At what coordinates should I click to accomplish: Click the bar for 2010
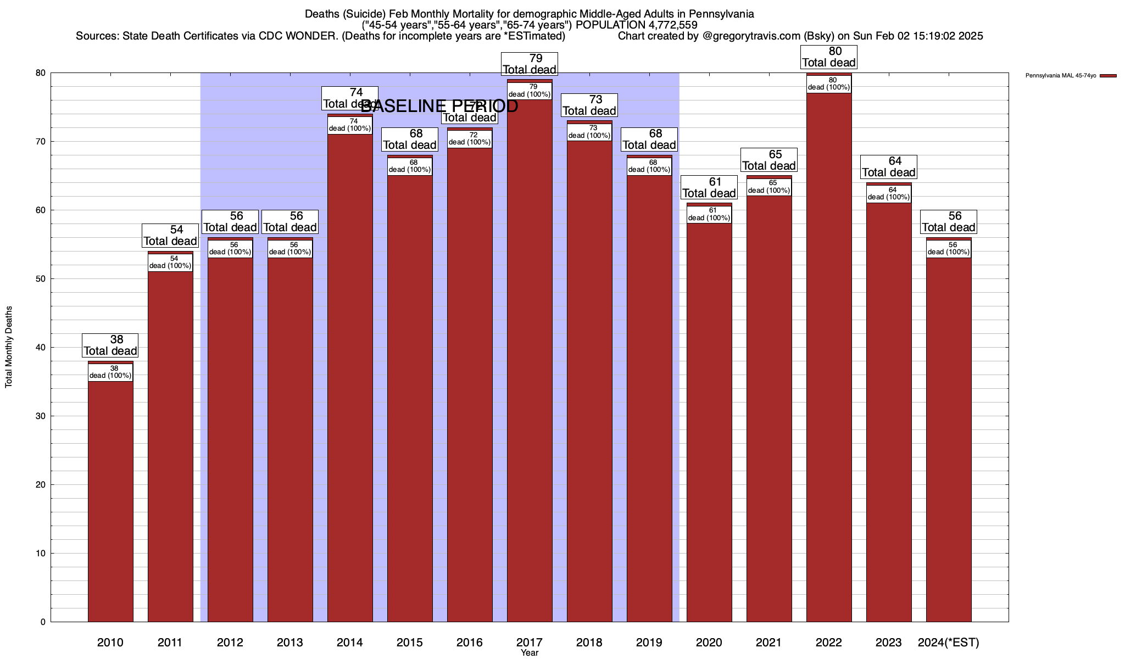point(110,494)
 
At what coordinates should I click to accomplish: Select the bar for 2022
point(829,357)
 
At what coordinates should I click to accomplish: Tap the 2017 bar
point(530,357)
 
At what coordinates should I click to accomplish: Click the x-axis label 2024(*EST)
point(949,643)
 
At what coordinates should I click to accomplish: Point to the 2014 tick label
point(350,643)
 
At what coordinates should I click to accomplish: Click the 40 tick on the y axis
point(41,348)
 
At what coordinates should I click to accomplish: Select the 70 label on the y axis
point(41,142)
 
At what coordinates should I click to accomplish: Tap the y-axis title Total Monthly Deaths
point(9,347)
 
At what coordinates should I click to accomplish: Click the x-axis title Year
point(530,653)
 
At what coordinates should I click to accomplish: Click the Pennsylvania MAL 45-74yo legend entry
point(1061,75)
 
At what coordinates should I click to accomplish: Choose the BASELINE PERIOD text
point(439,106)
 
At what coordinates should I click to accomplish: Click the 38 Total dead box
point(110,345)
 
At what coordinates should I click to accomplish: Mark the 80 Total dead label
point(829,57)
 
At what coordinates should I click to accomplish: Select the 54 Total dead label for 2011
point(170,236)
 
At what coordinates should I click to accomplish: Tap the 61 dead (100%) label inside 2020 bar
point(709,214)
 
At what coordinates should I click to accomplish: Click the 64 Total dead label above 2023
point(889,167)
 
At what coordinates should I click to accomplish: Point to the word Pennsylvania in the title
point(721,14)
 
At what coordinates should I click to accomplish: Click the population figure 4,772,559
point(665,25)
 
